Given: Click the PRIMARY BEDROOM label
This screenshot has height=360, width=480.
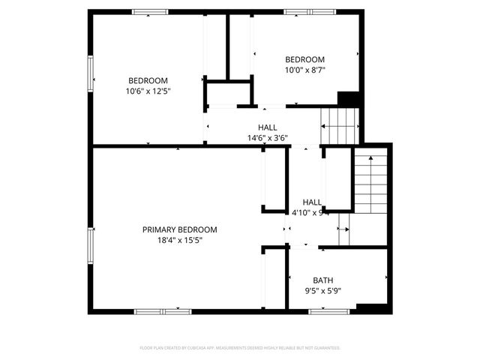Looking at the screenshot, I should point(179,229).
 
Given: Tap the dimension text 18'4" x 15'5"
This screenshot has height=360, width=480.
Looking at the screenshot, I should point(179,240).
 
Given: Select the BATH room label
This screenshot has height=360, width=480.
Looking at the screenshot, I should point(323,279).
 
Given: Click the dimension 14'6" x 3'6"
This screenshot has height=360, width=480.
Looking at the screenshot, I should point(268,138).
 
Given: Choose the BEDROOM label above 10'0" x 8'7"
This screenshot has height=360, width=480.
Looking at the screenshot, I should point(304,60).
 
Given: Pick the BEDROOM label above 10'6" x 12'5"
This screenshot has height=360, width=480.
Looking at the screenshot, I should point(148,81).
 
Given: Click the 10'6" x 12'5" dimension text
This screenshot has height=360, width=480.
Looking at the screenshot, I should point(148,91).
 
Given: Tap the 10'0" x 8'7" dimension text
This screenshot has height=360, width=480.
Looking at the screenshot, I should point(304,70).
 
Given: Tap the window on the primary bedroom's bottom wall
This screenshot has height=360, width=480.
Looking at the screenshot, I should point(163,310).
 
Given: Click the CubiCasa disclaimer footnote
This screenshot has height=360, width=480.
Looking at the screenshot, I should point(240,348).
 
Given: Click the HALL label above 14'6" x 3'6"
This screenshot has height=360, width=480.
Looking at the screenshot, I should point(268,127).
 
